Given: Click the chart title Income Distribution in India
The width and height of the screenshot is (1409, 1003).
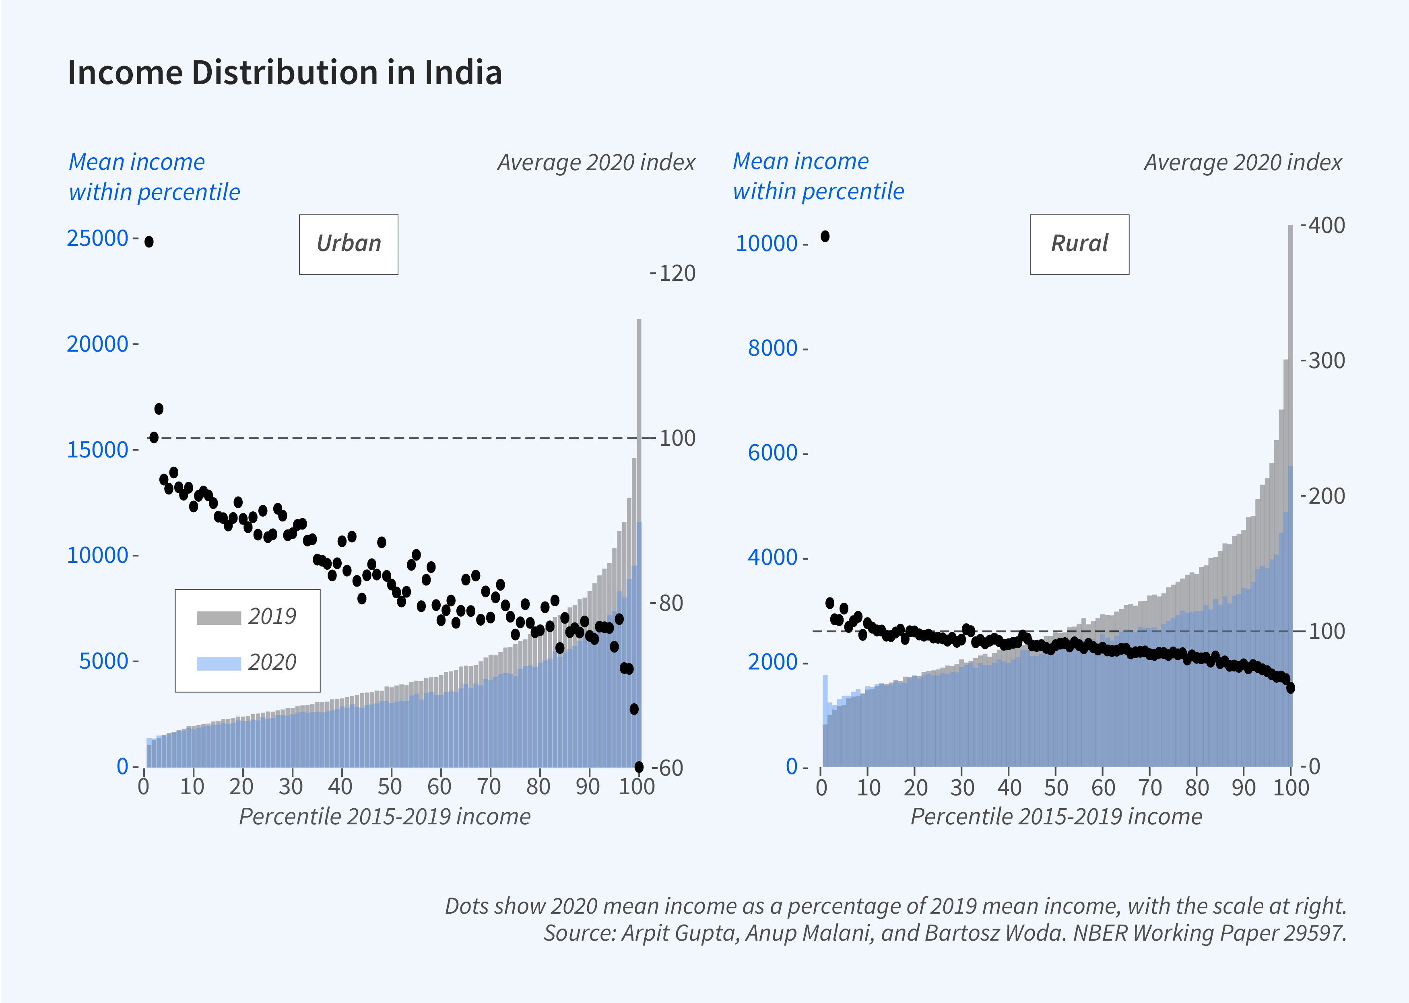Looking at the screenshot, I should coord(285,73).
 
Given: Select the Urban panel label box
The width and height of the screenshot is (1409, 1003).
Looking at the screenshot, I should coord(349,244).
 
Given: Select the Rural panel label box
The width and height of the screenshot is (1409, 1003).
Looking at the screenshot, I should coord(1079,244).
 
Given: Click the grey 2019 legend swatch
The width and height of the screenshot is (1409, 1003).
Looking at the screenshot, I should coord(219,618).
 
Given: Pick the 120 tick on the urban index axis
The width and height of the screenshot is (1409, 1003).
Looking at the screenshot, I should coord(677,273).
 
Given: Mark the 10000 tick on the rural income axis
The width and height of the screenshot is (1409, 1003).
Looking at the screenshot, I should coord(767,244).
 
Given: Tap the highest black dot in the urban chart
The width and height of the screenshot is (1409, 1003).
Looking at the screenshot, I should coord(149,241).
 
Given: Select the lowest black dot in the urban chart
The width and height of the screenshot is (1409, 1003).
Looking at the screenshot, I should coord(639,766).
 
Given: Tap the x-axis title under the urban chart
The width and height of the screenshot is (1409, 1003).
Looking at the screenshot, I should coord(384,816).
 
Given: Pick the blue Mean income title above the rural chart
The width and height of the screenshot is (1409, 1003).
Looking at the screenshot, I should coord(818,177).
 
